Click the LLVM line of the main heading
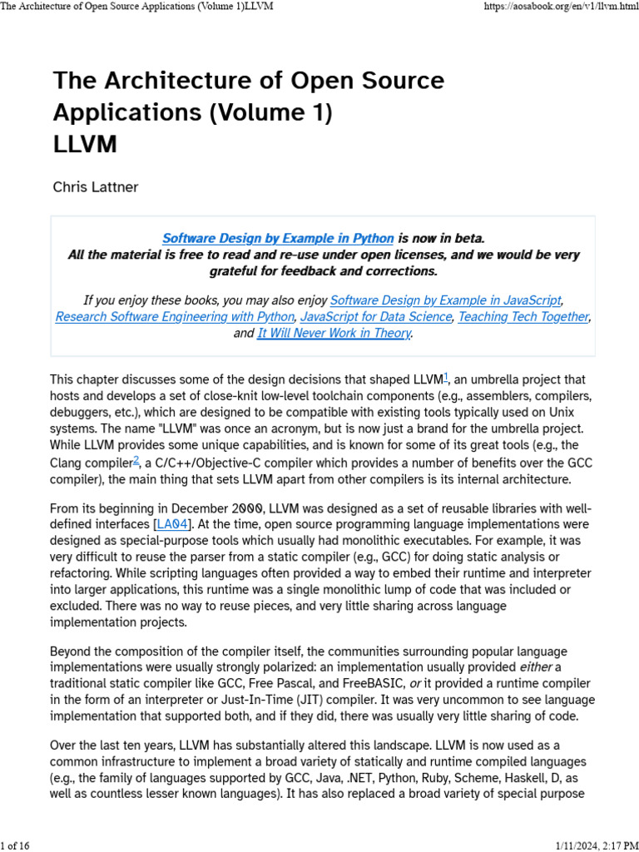[85, 144]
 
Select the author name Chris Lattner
[96, 187]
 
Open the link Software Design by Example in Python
[278, 238]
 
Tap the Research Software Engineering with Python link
[175, 317]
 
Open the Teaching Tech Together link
[523, 317]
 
